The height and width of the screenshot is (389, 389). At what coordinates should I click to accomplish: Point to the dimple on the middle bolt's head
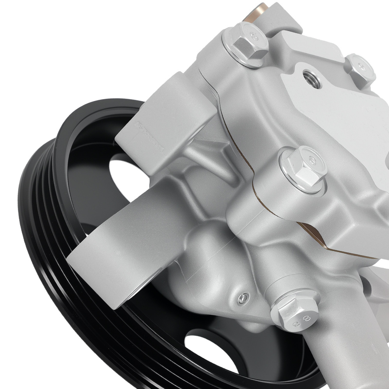coord(311,159)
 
